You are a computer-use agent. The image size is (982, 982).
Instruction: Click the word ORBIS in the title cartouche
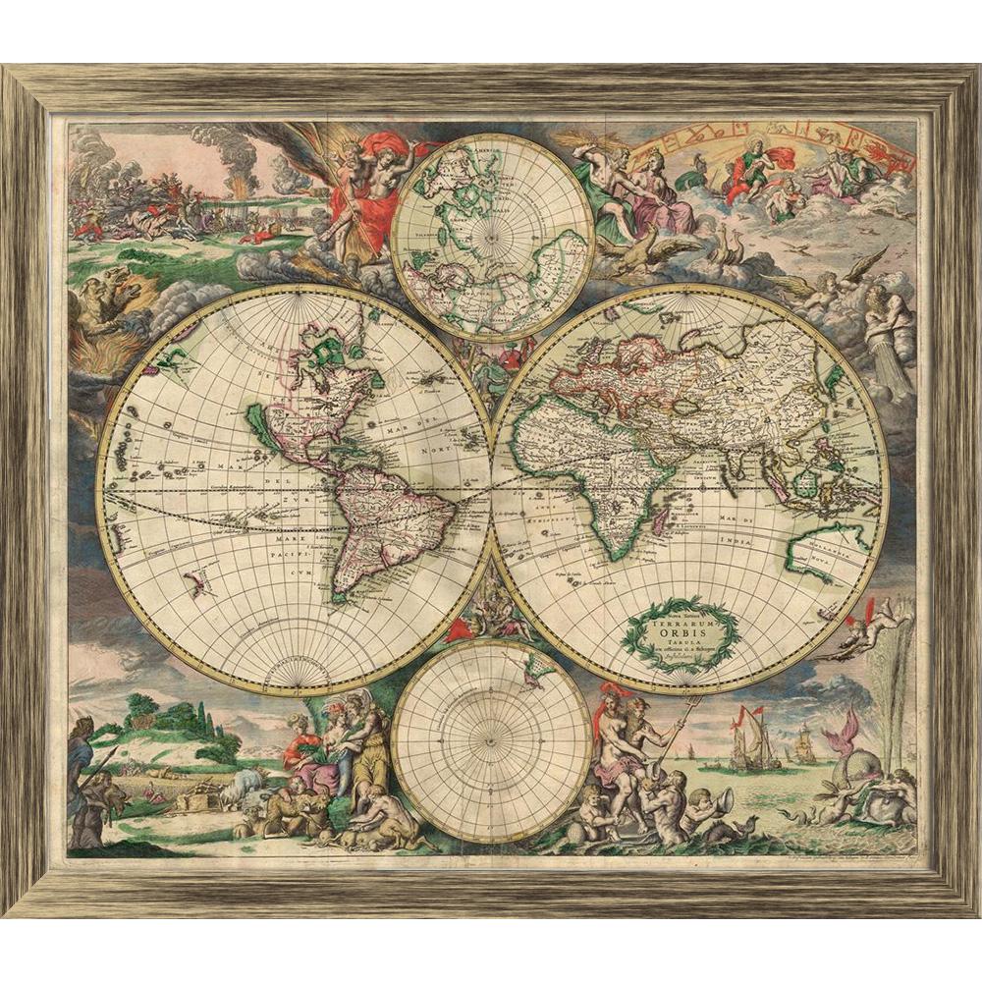681,634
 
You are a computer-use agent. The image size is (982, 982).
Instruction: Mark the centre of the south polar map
491,738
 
